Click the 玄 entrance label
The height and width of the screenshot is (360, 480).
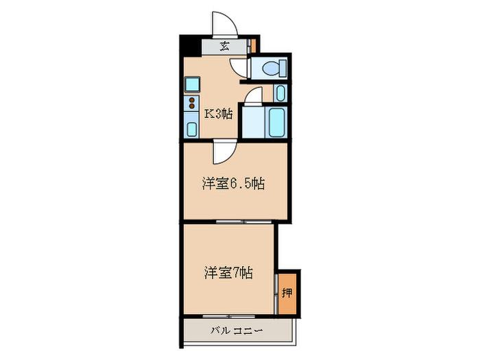pos(225,47)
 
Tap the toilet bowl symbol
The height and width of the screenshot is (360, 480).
pos(274,68)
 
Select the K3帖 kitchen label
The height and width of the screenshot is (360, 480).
pos(218,115)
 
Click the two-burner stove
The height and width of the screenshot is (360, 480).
pos(192,103)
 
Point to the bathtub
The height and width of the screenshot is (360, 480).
pos(277,122)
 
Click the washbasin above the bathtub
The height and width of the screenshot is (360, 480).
pos(280,93)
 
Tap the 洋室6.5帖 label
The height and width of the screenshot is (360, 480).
pos(233,184)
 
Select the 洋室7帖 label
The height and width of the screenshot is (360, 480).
pos(228,273)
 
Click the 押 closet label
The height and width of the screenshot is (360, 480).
pos(287,293)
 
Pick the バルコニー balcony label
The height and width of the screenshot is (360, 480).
pos(237,331)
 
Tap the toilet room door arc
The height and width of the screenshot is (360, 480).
pos(238,68)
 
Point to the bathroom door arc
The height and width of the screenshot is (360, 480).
pos(254,96)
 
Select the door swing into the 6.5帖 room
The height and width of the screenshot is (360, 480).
pos(224,152)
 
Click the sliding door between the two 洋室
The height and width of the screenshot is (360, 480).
pos(244,221)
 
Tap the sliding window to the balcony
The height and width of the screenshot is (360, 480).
pos(228,316)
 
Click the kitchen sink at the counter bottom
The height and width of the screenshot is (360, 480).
pos(191,129)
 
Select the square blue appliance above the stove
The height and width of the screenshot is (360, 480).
pos(192,84)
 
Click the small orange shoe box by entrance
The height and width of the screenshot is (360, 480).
pos(253,46)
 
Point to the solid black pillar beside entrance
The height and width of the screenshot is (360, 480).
pos(191,46)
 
